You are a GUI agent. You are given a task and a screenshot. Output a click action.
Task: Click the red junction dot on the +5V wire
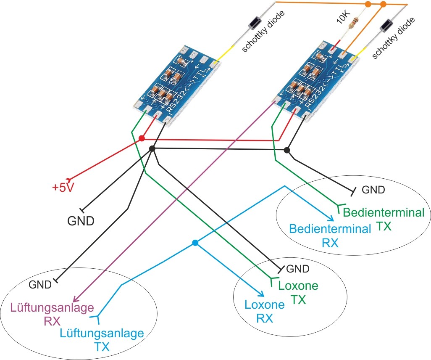click(x=142, y=138)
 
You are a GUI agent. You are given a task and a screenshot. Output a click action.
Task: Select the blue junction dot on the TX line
click(x=194, y=243)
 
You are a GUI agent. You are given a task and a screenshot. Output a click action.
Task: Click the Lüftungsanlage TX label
click(x=102, y=340)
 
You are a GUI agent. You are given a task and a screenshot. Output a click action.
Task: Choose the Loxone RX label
click(x=265, y=311)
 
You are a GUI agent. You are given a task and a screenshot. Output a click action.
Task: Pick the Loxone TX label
click(x=298, y=293)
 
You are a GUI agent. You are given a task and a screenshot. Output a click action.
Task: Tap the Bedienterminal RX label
click(x=331, y=236)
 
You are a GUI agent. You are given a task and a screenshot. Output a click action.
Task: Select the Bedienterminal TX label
click(x=384, y=219)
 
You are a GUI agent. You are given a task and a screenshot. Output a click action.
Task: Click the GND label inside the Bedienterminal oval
click(x=373, y=190)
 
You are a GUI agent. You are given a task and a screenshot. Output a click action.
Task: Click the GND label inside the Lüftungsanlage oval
click(x=40, y=285)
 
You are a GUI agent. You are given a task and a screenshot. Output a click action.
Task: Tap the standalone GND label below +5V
click(x=81, y=220)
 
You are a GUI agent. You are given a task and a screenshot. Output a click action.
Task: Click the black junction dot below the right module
click(x=287, y=150)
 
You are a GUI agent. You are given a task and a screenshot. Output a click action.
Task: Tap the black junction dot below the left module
click(x=152, y=149)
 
